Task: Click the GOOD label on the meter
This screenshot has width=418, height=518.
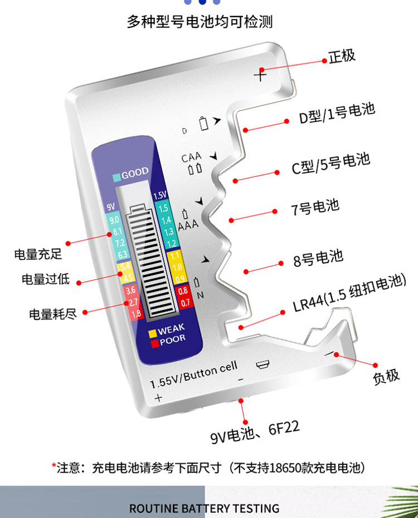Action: [x=135, y=173]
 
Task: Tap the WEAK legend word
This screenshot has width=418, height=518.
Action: [x=171, y=329]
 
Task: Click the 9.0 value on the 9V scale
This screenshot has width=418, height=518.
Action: [x=114, y=220]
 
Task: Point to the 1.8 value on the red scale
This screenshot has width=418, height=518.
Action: [x=136, y=314]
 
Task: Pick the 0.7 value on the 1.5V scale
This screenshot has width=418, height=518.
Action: [x=185, y=302]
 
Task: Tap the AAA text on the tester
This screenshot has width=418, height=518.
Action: [x=188, y=225]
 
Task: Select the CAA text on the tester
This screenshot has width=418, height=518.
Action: [x=191, y=157]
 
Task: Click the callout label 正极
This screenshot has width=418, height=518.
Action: [x=342, y=56]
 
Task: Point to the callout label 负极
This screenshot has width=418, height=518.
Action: [x=386, y=377]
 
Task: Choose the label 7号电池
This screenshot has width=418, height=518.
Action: [x=315, y=207]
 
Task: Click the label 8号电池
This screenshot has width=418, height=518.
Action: [x=318, y=258]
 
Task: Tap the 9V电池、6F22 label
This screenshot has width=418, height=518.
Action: [x=255, y=432]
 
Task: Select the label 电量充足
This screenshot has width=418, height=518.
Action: [x=38, y=254]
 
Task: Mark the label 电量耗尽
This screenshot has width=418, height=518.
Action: [x=53, y=314]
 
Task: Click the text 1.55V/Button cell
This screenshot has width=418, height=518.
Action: [x=193, y=374]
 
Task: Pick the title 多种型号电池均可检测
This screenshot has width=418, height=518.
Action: [x=200, y=22]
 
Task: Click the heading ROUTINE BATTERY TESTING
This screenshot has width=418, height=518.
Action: [x=204, y=509]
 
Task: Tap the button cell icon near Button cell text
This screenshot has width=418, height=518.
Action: [x=263, y=364]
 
